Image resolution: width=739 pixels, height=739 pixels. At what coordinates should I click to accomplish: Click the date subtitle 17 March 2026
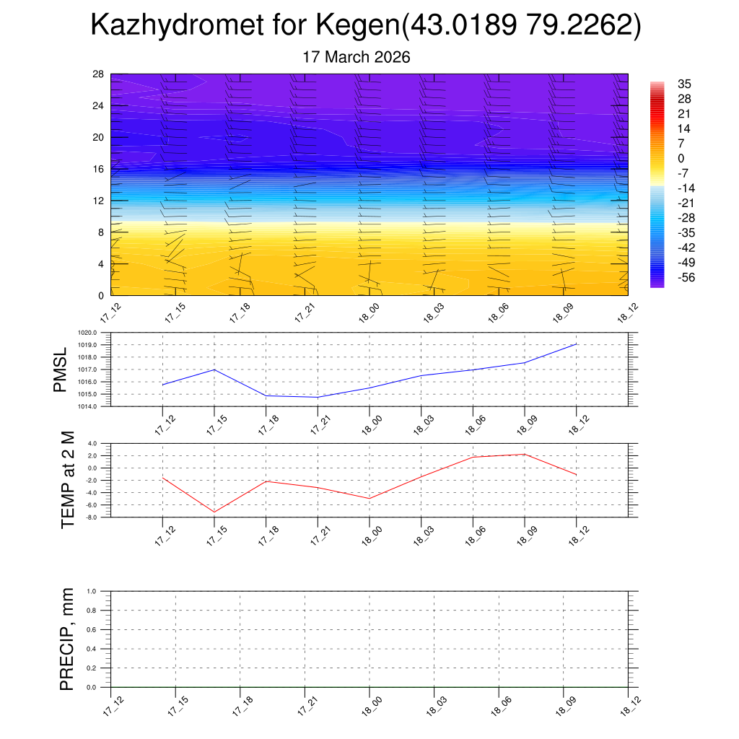(x=357, y=57)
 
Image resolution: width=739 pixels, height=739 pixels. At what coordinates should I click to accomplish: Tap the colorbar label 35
(x=685, y=84)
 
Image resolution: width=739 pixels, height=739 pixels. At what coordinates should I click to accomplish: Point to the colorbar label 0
(x=681, y=158)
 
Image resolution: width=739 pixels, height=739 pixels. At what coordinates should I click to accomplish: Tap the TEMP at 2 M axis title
(x=67, y=480)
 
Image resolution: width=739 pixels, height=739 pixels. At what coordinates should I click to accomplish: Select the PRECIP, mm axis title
(x=67, y=639)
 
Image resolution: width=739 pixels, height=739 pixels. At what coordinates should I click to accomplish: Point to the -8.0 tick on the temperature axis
(x=93, y=517)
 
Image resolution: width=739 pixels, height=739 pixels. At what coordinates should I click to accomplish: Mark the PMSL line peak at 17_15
(x=214, y=369)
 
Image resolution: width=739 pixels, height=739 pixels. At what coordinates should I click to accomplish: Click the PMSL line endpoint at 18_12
(x=576, y=344)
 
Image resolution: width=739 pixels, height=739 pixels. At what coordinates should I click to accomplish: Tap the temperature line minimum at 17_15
(x=214, y=512)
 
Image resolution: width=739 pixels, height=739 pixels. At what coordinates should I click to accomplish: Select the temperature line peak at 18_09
(x=524, y=454)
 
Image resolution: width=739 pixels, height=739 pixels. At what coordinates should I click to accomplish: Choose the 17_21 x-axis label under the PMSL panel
(x=317, y=424)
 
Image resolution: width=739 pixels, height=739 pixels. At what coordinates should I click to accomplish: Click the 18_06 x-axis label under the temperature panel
(x=472, y=535)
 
